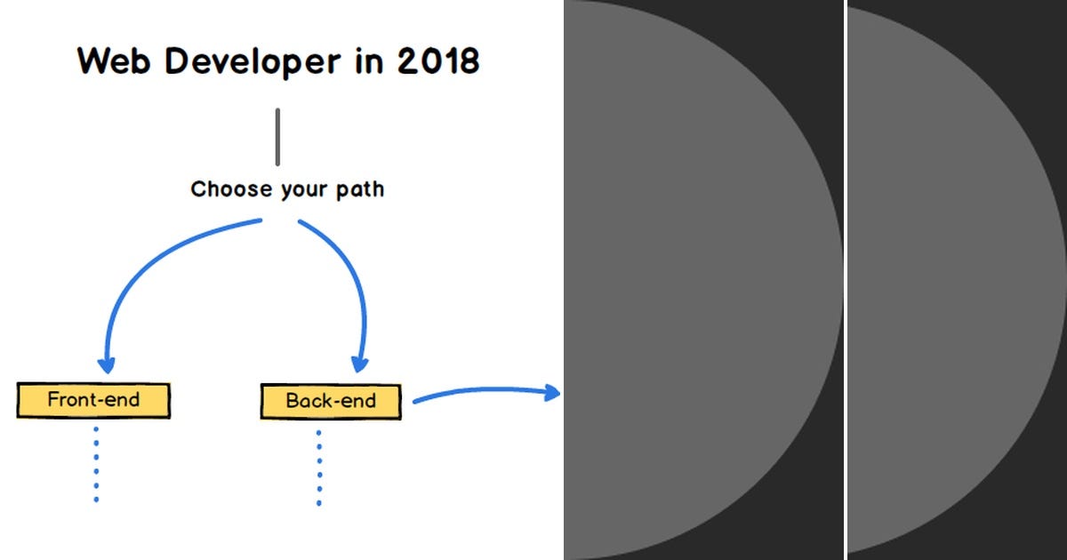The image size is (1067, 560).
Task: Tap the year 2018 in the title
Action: click(x=438, y=61)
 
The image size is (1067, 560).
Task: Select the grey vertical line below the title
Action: click(x=277, y=137)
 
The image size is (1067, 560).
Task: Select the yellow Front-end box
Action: click(x=93, y=400)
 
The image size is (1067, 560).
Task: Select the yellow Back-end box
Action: click(x=331, y=401)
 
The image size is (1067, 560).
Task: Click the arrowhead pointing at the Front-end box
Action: click(x=107, y=364)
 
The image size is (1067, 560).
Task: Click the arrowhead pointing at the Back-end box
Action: click(x=359, y=364)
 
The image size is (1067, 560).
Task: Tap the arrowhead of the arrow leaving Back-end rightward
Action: click(x=551, y=392)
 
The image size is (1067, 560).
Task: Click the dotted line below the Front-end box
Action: click(x=95, y=464)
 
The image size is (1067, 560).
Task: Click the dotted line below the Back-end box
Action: click(x=318, y=467)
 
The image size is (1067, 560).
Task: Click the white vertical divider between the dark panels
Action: click(x=845, y=280)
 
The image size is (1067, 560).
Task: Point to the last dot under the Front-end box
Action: click(x=95, y=500)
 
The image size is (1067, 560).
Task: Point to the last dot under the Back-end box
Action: click(x=318, y=503)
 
